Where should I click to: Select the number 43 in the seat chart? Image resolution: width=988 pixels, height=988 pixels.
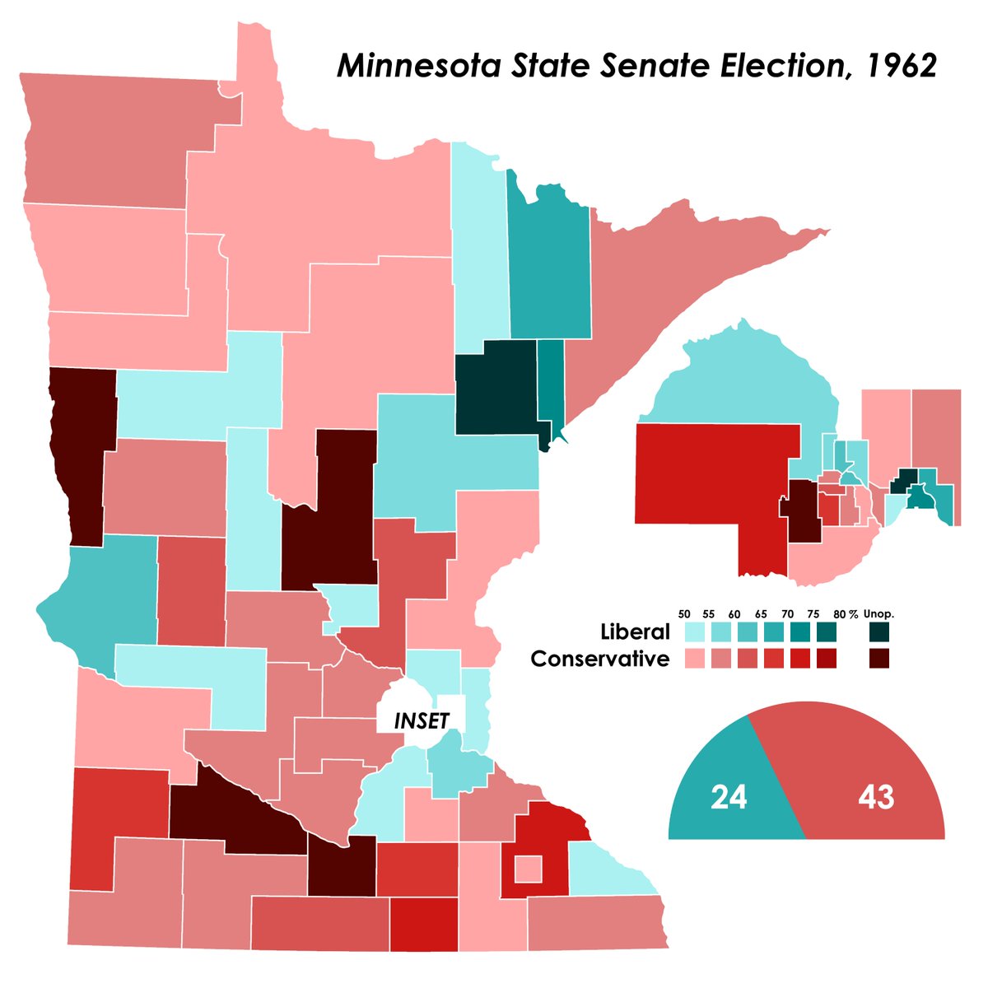pyautogui.click(x=875, y=798)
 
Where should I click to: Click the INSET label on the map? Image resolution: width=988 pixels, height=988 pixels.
pyautogui.click(x=422, y=721)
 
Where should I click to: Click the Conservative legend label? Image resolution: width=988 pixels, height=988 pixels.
pyautogui.click(x=600, y=659)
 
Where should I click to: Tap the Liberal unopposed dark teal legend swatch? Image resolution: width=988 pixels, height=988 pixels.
pyautogui.click(x=880, y=632)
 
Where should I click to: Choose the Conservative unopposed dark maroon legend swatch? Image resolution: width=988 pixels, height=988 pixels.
pyautogui.click(x=880, y=659)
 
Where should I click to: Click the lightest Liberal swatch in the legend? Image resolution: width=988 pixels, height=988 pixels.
pyautogui.click(x=694, y=632)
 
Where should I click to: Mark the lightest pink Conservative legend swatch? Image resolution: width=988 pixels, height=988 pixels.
pyautogui.click(x=694, y=659)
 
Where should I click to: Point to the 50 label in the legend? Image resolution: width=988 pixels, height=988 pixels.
pyautogui.click(x=684, y=614)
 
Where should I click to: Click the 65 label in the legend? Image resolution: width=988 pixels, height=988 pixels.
pyautogui.click(x=762, y=614)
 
